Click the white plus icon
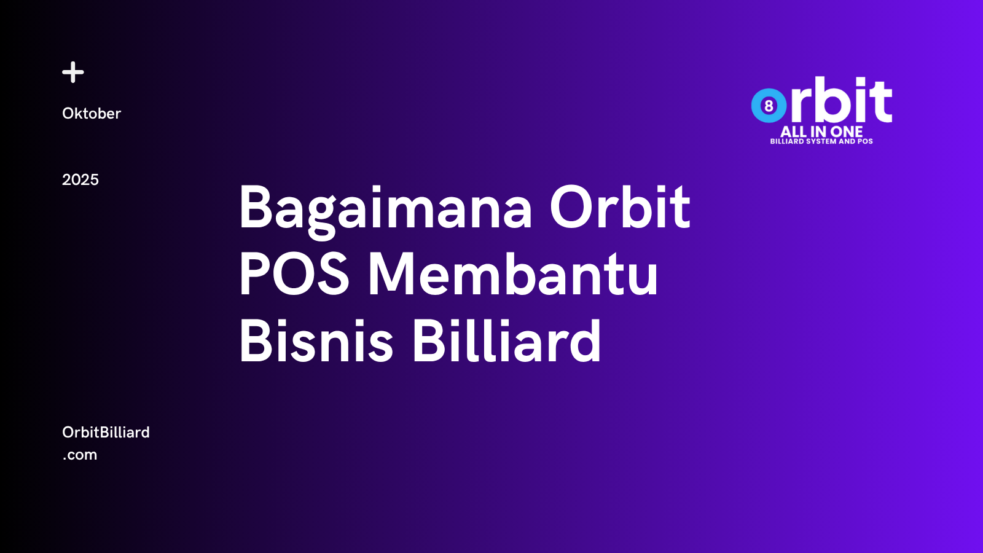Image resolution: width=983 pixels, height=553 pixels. tap(73, 72)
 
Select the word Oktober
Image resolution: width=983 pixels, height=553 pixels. tap(92, 114)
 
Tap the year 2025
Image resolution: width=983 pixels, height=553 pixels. tap(80, 179)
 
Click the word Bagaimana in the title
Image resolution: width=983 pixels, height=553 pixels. tap(385, 209)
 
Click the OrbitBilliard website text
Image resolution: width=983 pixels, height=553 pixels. tap(106, 432)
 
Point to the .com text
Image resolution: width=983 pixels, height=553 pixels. tap(80, 455)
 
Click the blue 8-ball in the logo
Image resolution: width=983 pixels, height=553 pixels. tap(769, 106)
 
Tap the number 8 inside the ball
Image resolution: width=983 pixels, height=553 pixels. tap(769, 106)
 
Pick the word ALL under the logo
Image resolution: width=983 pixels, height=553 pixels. tap(793, 131)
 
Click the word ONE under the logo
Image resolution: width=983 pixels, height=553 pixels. tap(847, 131)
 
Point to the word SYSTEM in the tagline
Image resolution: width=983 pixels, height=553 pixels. tap(821, 141)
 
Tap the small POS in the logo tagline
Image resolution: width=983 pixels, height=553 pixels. tap(865, 141)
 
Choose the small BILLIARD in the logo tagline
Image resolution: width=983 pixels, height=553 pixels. tap(787, 141)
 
